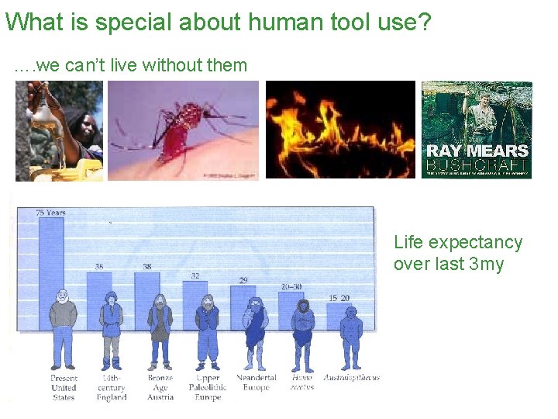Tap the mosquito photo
point(183,130)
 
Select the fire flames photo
point(340,130)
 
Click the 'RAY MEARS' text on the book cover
point(477,151)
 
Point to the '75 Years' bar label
point(50,213)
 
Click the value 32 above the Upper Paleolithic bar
point(195,275)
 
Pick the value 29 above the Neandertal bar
point(243,280)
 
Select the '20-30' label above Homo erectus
point(291,286)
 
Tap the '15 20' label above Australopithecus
point(339,298)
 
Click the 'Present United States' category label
point(64,387)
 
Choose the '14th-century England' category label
point(112,387)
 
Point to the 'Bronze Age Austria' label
point(160,387)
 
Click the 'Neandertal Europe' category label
point(256,383)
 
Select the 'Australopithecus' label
point(352,378)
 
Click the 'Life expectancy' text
point(458,243)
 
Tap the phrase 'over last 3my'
point(448,265)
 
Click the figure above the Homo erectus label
point(303,334)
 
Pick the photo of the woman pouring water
point(59,130)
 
